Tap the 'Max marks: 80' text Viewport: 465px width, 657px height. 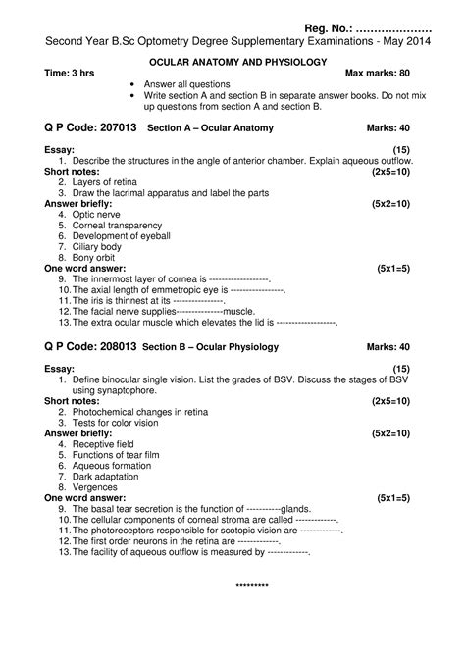coord(378,74)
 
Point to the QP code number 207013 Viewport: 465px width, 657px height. coord(113,127)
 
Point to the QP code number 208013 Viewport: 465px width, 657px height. coord(113,346)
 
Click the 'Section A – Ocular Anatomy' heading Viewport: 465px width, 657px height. coord(210,128)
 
